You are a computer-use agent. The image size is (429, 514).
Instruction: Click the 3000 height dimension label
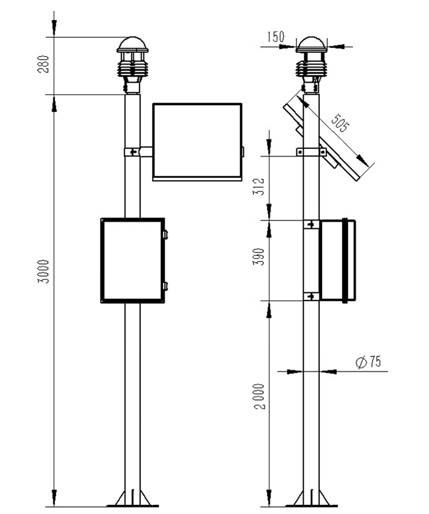(x=44, y=271)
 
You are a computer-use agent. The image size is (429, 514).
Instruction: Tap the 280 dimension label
(x=44, y=64)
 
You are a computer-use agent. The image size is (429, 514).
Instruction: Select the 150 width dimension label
(x=276, y=37)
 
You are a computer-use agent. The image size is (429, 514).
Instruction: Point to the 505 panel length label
(x=340, y=122)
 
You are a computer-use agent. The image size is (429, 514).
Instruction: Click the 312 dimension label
(x=259, y=187)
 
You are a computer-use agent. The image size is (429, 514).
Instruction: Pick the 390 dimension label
(x=259, y=256)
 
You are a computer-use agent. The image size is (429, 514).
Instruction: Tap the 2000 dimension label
(x=259, y=396)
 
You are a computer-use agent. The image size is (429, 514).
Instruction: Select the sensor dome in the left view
(x=133, y=45)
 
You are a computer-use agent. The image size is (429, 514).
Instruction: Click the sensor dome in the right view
(x=311, y=45)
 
